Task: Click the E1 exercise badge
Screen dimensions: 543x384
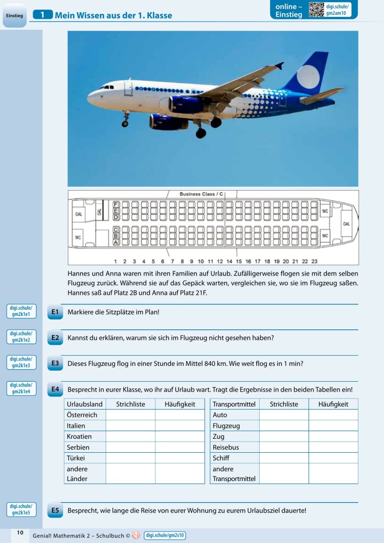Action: (55, 312)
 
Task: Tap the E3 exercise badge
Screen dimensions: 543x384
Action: (55, 363)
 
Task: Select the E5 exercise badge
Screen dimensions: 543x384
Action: (55, 510)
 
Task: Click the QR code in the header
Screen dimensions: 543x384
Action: (316, 10)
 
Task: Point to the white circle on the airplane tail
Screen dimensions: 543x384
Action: (308, 77)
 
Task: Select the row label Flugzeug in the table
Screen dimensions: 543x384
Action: (226, 426)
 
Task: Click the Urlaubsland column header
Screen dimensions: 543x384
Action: (84, 404)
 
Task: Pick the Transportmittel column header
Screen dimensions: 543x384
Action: (234, 404)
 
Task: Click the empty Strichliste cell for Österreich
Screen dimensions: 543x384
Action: (130, 415)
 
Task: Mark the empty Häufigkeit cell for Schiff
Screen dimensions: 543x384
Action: (333, 458)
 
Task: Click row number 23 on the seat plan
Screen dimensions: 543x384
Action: (314, 262)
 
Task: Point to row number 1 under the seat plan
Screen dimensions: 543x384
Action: (115, 262)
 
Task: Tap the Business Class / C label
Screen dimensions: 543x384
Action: (201, 194)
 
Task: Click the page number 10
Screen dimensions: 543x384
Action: (20, 532)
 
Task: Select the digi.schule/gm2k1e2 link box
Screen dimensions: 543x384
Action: (21, 337)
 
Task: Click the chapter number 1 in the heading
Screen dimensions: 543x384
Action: (43, 15)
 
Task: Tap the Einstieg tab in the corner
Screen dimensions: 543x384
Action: (14, 16)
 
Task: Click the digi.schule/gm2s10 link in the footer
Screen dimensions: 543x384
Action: (165, 535)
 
